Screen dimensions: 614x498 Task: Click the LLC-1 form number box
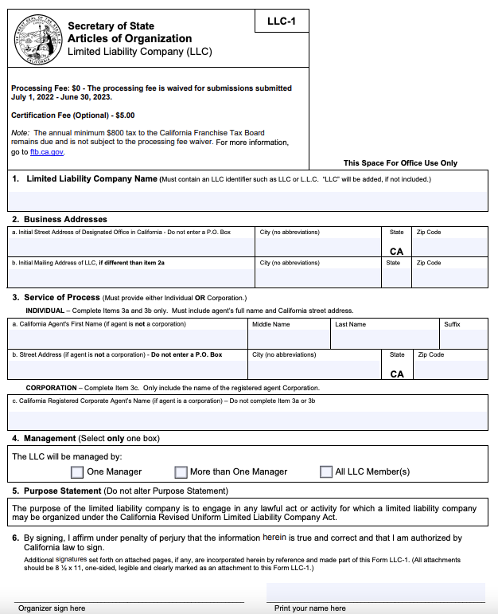coord(282,21)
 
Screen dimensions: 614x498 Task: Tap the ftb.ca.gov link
coord(47,151)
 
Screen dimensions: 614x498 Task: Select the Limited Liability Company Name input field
coord(248,201)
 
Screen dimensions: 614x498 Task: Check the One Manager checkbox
coord(77,471)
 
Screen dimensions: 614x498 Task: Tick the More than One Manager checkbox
coord(181,471)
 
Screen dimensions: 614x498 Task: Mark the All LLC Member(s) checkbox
coord(326,471)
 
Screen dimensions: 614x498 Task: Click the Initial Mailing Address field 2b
coord(130,276)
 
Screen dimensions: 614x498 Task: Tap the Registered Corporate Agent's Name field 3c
coord(248,419)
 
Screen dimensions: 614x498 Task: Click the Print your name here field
coord(375,592)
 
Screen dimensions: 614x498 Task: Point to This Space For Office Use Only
coord(400,162)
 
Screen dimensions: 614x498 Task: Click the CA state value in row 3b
coord(397,373)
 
